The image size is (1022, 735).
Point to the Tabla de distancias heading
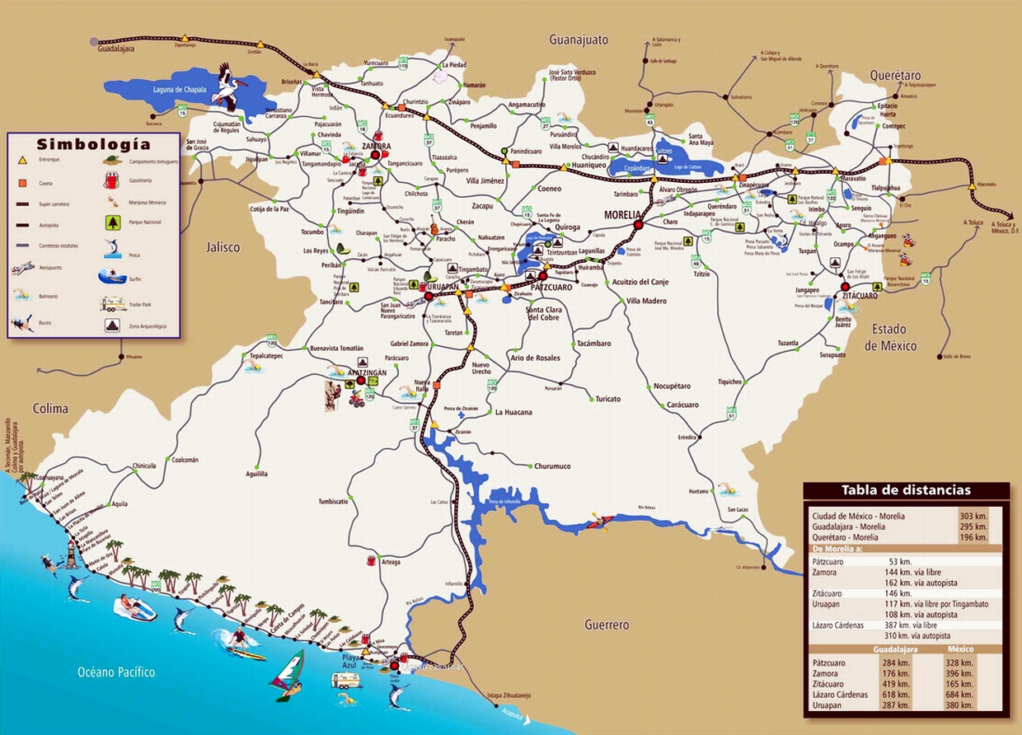tap(906, 490)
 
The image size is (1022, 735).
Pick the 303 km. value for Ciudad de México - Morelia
tap(973, 516)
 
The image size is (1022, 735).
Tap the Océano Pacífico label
tap(116, 672)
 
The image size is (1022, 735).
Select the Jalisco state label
tap(223, 246)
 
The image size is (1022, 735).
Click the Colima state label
tap(50, 409)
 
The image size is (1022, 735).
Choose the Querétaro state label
tap(895, 75)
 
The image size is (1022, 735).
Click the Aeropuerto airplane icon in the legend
tap(23, 268)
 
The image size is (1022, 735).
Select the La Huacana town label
tap(513, 412)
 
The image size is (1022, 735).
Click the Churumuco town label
tap(552, 466)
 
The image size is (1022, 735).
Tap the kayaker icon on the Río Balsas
tap(601, 520)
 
